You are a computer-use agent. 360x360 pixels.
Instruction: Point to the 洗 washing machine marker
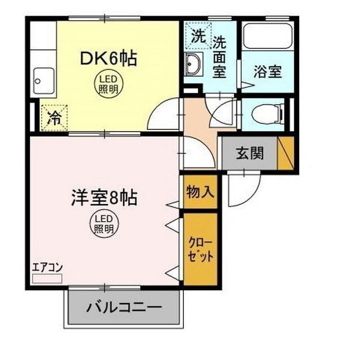[197, 37]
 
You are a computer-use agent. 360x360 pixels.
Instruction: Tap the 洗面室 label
[219, 57]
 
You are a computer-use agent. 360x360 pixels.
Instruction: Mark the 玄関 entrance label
[249, 153]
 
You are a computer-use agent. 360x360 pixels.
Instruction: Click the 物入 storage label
[200, 192]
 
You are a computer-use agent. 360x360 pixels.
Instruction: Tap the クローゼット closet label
[200, 247]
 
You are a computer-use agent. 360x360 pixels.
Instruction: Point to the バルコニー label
[124, 308]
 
